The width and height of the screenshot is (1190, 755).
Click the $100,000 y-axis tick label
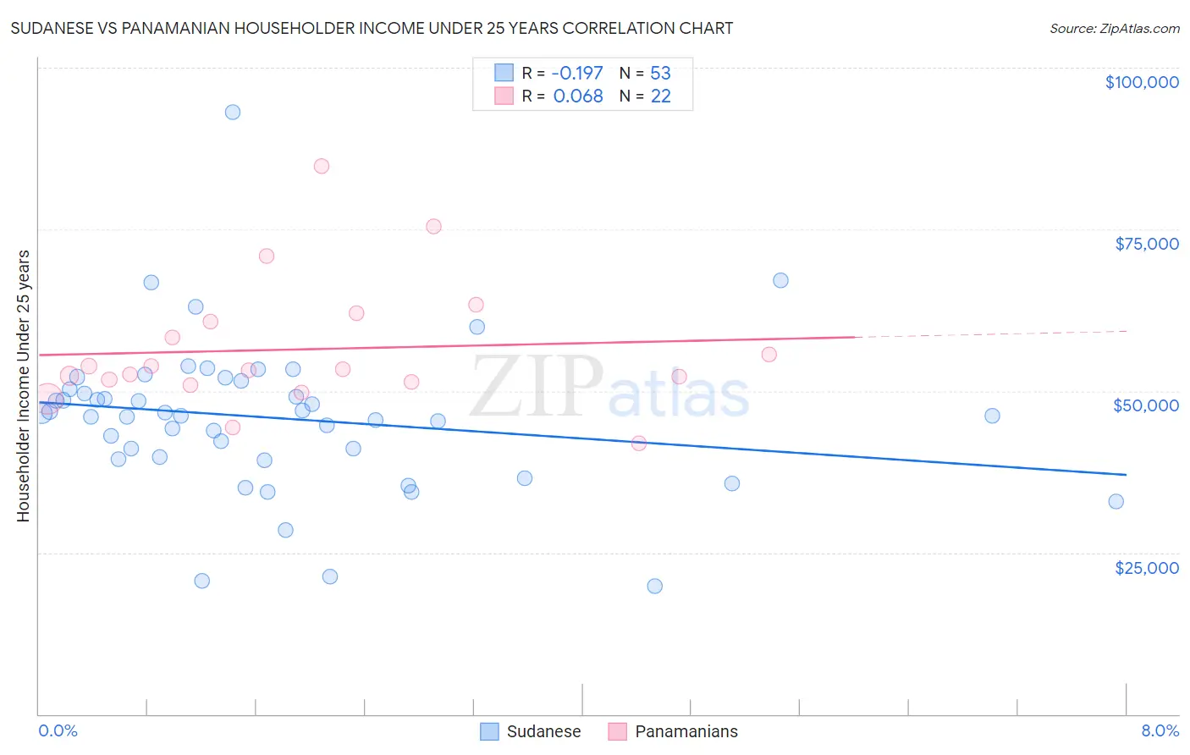tap(1141, 82)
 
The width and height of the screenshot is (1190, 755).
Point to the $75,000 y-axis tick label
tap(1146, 244)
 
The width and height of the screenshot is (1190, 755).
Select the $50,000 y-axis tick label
tap(1145, 405)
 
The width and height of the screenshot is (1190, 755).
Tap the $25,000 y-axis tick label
tap(1146, 568)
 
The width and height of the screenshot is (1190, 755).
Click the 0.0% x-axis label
tap(58, 731)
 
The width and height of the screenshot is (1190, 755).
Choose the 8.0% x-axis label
tap(1160, 731)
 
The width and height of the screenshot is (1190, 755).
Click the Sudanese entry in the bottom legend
tap(543, 731)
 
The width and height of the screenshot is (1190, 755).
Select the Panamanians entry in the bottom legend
tap(686, 731)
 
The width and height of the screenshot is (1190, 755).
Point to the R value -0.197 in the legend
tap(577, 74)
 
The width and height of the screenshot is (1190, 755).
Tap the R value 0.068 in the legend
tap(577, 96)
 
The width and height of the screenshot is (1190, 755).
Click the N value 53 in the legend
tap(660, 74)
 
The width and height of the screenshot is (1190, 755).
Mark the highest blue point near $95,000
tap(233, 113)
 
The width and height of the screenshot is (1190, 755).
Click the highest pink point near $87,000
tap(322, 166)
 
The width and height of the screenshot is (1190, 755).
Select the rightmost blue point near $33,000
tap(1116, 502)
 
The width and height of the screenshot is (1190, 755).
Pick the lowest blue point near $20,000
tap(654, 587)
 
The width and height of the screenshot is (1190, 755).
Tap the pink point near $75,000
tap(433, 226)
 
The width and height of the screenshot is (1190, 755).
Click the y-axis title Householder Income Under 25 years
tap(24, 385)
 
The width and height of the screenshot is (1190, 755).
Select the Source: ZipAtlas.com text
tap(1114, 28)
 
